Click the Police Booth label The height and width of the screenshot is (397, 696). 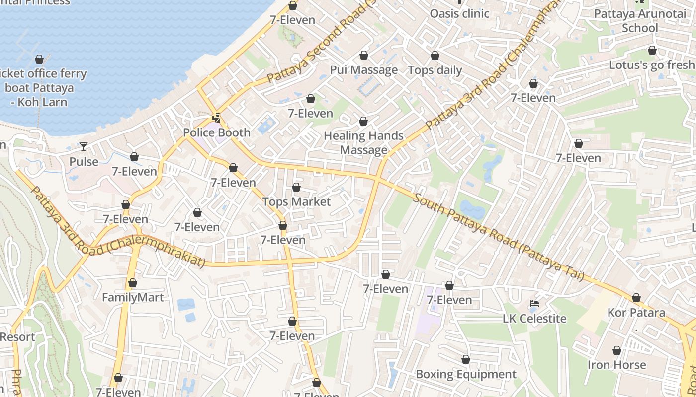pos(217,132)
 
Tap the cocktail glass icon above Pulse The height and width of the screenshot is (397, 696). pos(84,146)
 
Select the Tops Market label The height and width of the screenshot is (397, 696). pos(296,201)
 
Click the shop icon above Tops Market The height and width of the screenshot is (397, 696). pos(296,187)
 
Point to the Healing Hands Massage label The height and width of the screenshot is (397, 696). pos(363,143)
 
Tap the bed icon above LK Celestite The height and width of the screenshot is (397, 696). pos(534,304)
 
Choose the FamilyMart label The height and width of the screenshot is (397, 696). pos(133,297)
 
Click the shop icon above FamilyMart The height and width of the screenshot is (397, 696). pos(133,283)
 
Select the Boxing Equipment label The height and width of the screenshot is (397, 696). pos(466,374)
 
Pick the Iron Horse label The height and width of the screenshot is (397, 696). pos(616,365)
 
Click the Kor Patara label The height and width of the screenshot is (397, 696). pos(636,313)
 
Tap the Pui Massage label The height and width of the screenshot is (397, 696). pos(364,70)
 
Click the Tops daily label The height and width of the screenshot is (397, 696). pos(435,70)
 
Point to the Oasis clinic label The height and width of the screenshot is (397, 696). pos(460,13)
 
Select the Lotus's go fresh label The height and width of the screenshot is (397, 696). pos(652,65)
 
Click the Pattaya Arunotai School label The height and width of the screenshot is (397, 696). pos(640,20)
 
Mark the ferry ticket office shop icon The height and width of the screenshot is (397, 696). pos(39,60)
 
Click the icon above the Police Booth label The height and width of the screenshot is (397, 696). pos(217,118)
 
